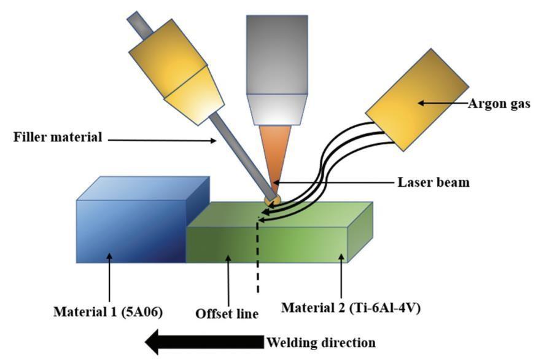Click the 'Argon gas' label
(x=499, y=104)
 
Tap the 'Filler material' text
(x=58, y=136)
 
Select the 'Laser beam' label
(x=433, y=182)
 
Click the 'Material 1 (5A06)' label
(x=108, y=311)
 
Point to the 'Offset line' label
(x=227, y=313)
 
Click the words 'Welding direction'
(x=321, y=342)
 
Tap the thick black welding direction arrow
(x=204, y=342)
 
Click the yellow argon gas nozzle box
(x=417, y=100)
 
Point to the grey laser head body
(x=277, y=55)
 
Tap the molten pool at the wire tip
(x=273, y=201)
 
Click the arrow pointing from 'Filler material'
(x=162, y=141)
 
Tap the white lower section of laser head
(x=277, y=109)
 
